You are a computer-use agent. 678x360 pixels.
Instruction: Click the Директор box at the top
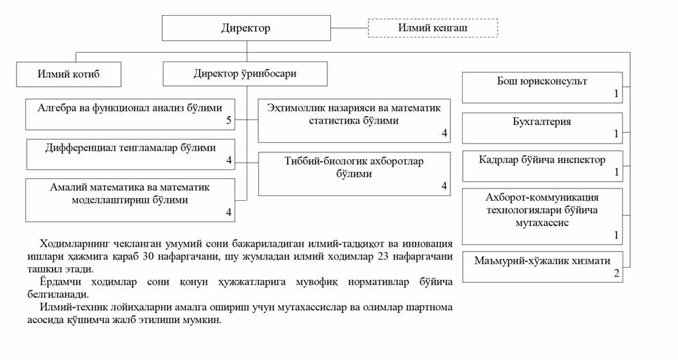(x=246, y=28)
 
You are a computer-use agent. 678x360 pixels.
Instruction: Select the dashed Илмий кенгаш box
(x=433, y=28)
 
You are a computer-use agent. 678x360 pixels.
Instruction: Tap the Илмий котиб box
(x=68, y=74)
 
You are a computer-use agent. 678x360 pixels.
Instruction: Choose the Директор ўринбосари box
(x=245, y=74)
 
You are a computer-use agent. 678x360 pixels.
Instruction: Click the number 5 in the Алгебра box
(x=229, y=121)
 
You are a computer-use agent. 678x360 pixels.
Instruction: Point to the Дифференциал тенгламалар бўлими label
(x=130, y=148)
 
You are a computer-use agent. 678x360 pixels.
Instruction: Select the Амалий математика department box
(x=130, y=199)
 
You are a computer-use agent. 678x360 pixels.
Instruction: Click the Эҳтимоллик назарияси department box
(x=353, y=120)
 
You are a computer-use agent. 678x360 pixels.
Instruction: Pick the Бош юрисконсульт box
(x=542, y=87)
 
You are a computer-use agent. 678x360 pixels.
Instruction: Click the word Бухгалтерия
(x=542, y=122)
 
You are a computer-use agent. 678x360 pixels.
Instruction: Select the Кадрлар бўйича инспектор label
(x=542, y=160)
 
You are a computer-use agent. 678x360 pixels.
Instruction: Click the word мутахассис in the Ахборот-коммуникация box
(x=542, y=223)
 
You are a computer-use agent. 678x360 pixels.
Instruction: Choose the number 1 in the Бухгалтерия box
(x=616, y=134)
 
